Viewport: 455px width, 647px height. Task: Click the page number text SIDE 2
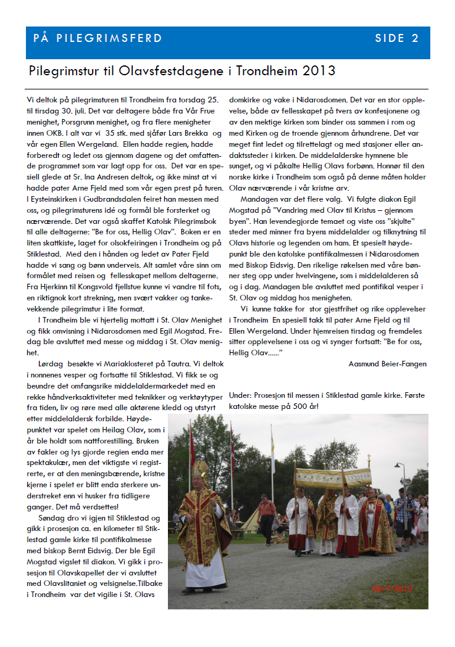point(397,38)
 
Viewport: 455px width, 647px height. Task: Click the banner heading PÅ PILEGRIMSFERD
point(98,38)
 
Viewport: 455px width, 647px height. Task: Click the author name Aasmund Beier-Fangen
point(388,363)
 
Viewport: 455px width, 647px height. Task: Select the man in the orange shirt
point(268,510)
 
